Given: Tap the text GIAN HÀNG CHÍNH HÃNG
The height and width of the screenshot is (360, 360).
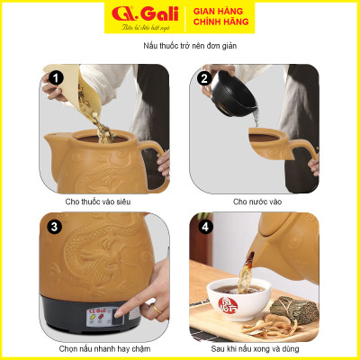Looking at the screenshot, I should click(221, 16).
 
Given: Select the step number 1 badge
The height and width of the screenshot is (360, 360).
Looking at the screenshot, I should click(55, 78).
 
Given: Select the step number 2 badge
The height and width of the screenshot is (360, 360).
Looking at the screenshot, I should click(203, 78).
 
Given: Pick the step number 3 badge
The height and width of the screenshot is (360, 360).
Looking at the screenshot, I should click(55, 227).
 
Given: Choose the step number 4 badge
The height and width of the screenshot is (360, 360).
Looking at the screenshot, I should click(203, 227).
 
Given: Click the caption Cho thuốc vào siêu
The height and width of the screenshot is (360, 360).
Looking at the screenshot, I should click(103, 201).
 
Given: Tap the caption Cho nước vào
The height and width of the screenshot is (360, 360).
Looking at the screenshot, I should click(257, 201).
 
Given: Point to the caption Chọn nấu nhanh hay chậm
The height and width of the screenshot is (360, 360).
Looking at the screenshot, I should click(104, 349).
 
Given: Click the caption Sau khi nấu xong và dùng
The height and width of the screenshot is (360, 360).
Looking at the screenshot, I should click(257, 349).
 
